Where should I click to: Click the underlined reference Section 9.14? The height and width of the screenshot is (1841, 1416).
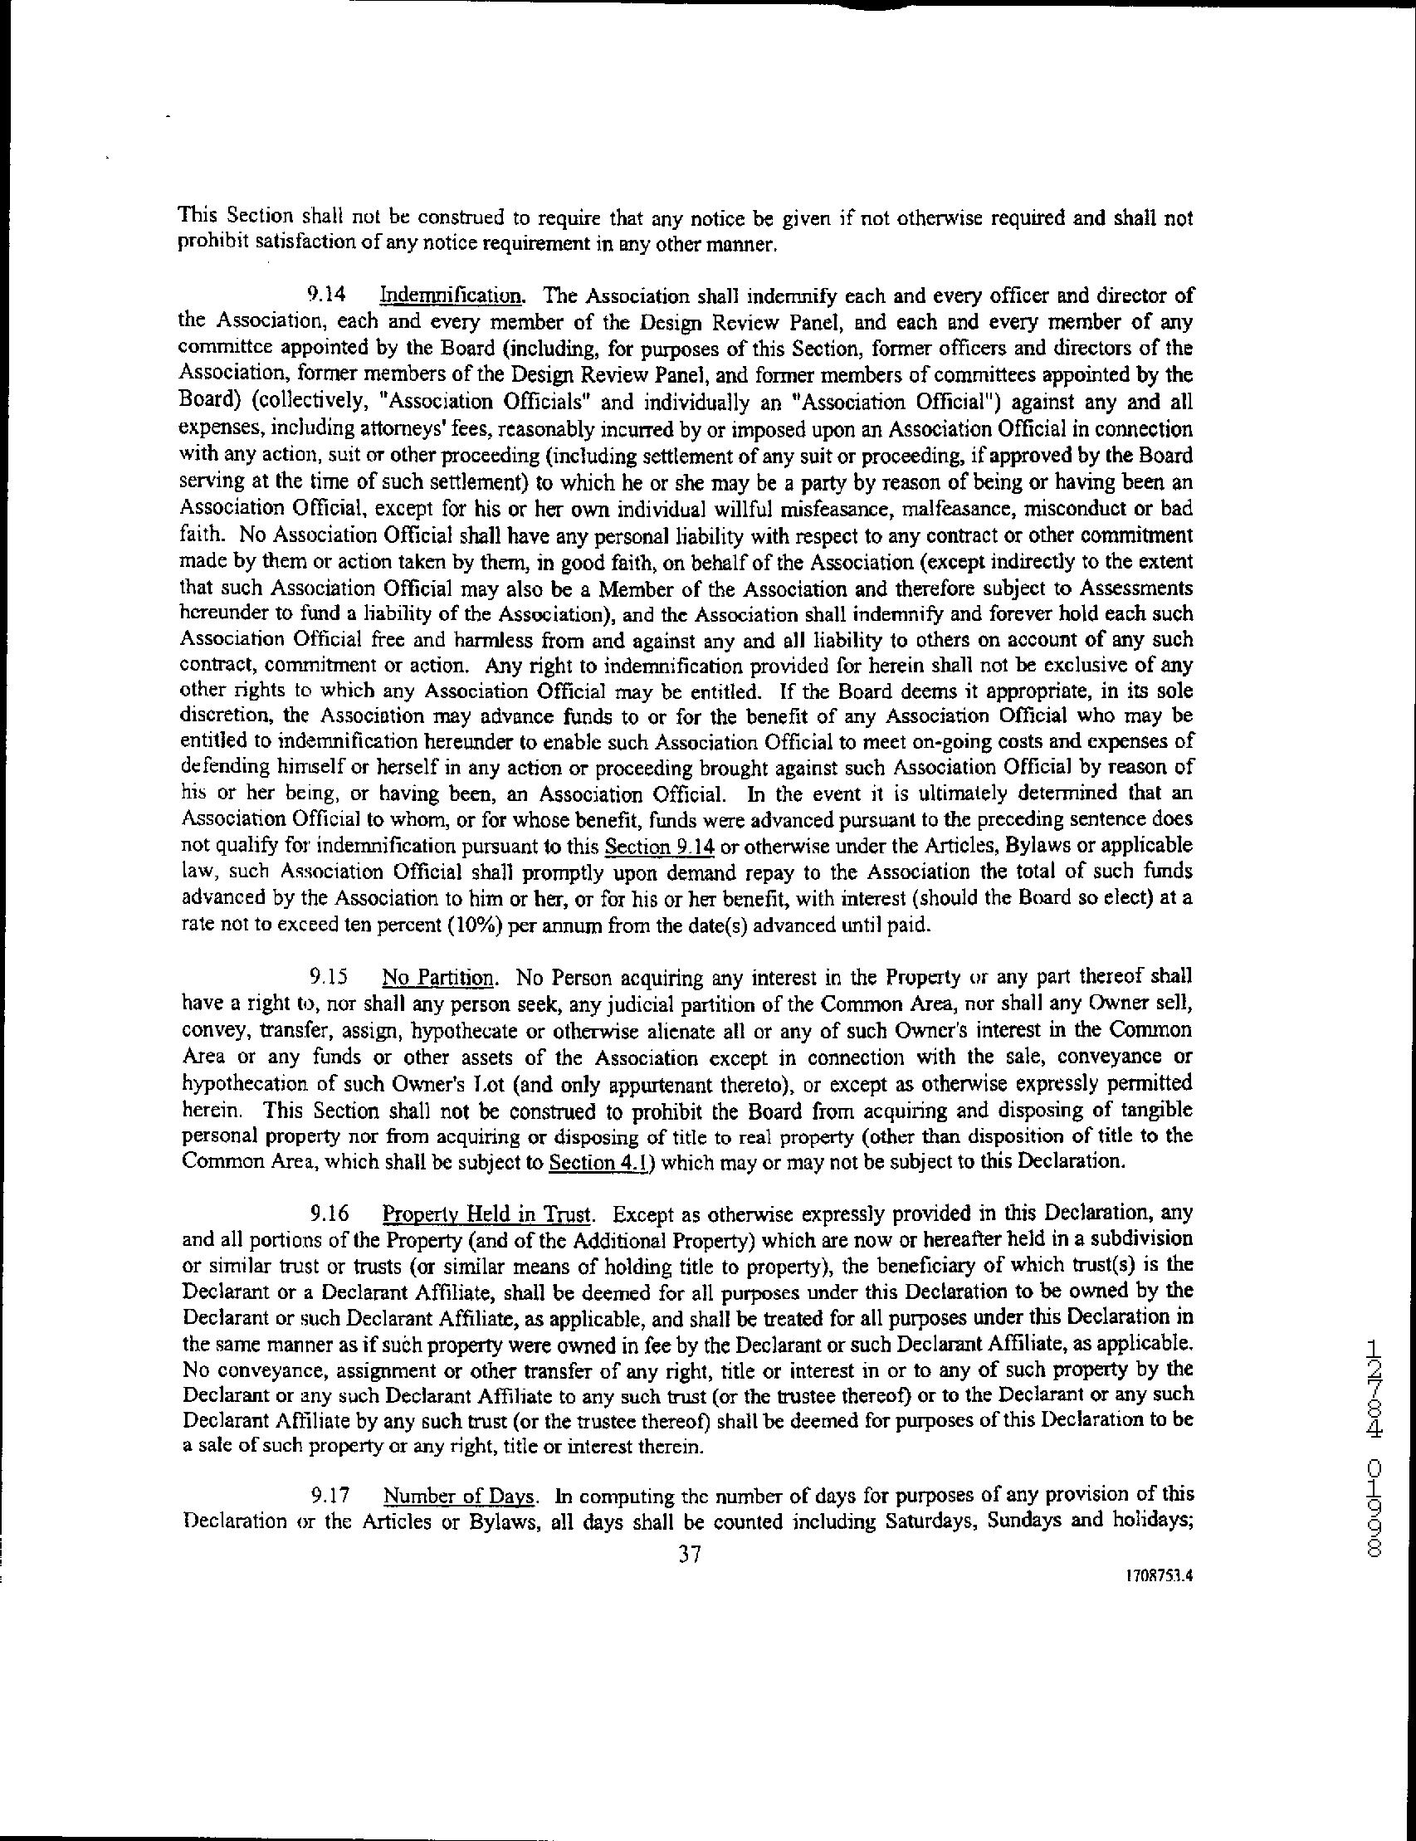[x=655, y=845]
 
